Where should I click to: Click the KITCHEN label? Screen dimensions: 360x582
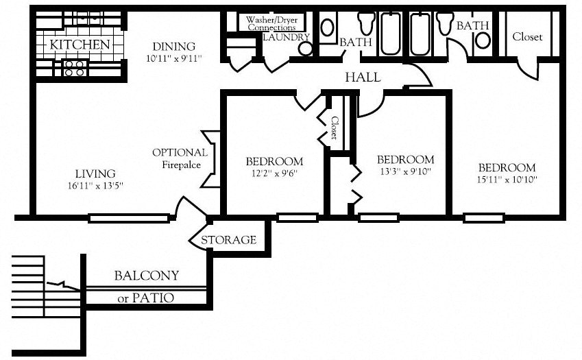80,45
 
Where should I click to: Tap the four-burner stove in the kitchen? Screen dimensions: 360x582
74,68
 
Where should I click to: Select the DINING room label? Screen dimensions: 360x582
173,47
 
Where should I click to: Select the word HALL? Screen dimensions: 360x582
363,77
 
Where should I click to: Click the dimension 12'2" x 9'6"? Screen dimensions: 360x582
274,173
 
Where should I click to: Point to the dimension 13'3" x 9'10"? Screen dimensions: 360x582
405,171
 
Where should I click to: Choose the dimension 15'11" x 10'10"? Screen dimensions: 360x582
507,180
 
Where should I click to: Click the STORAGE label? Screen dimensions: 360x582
228,240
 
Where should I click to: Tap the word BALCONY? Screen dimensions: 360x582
146,276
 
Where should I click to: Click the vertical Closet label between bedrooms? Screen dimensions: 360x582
334,128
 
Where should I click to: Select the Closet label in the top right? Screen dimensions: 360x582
527,37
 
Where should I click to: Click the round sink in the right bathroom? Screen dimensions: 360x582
483,40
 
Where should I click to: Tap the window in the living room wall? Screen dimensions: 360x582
129,219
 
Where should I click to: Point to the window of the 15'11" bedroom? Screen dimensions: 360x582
484,219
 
